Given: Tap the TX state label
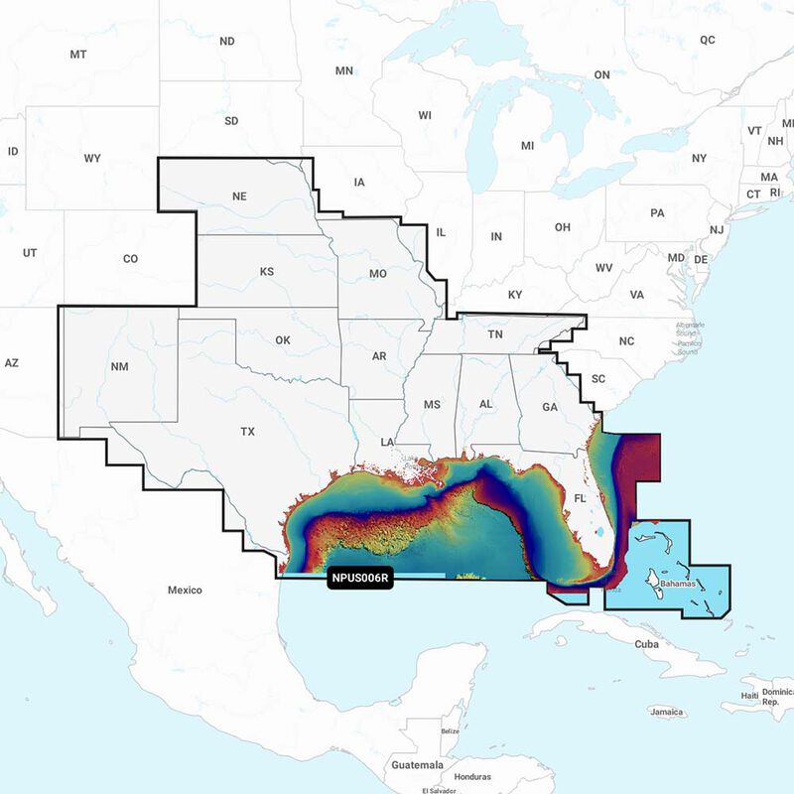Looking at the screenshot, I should [x=247, y=432].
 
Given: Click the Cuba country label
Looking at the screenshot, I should [x=646, y=644].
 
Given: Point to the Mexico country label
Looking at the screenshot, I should [x=184, y=591].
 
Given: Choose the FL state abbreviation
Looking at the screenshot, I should [x=580, y=497].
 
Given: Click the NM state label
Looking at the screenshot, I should [x=119, y=367].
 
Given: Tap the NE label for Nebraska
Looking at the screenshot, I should [x=239, y=197].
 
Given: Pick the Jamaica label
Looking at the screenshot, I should [x=666, y=712].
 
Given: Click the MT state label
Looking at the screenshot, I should [x=78, y=54].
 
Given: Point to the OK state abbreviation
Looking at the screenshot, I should [x=283, y=340].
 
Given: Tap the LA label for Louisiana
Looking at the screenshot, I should [x=388, y=441].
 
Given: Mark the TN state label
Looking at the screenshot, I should [x=495, y=335].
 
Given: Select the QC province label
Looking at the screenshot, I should [x=708, y=41].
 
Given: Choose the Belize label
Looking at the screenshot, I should [x=451, y=730].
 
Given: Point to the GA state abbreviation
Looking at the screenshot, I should [x=550, y=407].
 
